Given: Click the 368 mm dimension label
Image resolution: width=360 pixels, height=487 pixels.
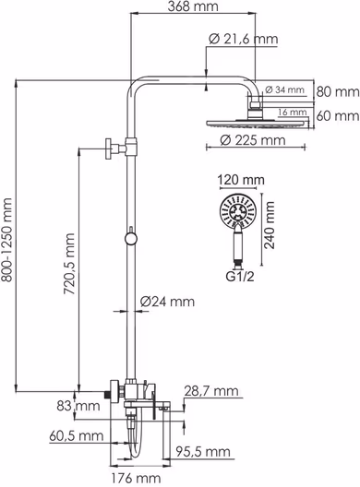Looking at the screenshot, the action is (193, 6).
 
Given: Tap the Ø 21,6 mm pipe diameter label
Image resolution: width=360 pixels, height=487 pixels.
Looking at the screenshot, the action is (244, 39).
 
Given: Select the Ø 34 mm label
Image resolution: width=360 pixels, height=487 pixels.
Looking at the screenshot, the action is (284, 90).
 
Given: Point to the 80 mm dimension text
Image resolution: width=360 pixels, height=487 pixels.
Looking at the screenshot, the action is (338, 92).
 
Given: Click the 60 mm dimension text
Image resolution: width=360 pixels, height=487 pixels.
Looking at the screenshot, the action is (338, 116).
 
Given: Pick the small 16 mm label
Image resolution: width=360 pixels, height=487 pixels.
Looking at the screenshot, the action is (293, 113).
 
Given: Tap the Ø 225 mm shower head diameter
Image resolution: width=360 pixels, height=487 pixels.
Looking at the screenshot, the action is (252, 140).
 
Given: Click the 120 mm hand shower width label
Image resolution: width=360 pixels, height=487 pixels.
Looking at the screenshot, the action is (241, 180).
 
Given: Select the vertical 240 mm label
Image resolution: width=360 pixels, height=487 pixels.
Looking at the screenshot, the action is (270, 225).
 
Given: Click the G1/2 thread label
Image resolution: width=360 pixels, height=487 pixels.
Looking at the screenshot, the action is (240, 276).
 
